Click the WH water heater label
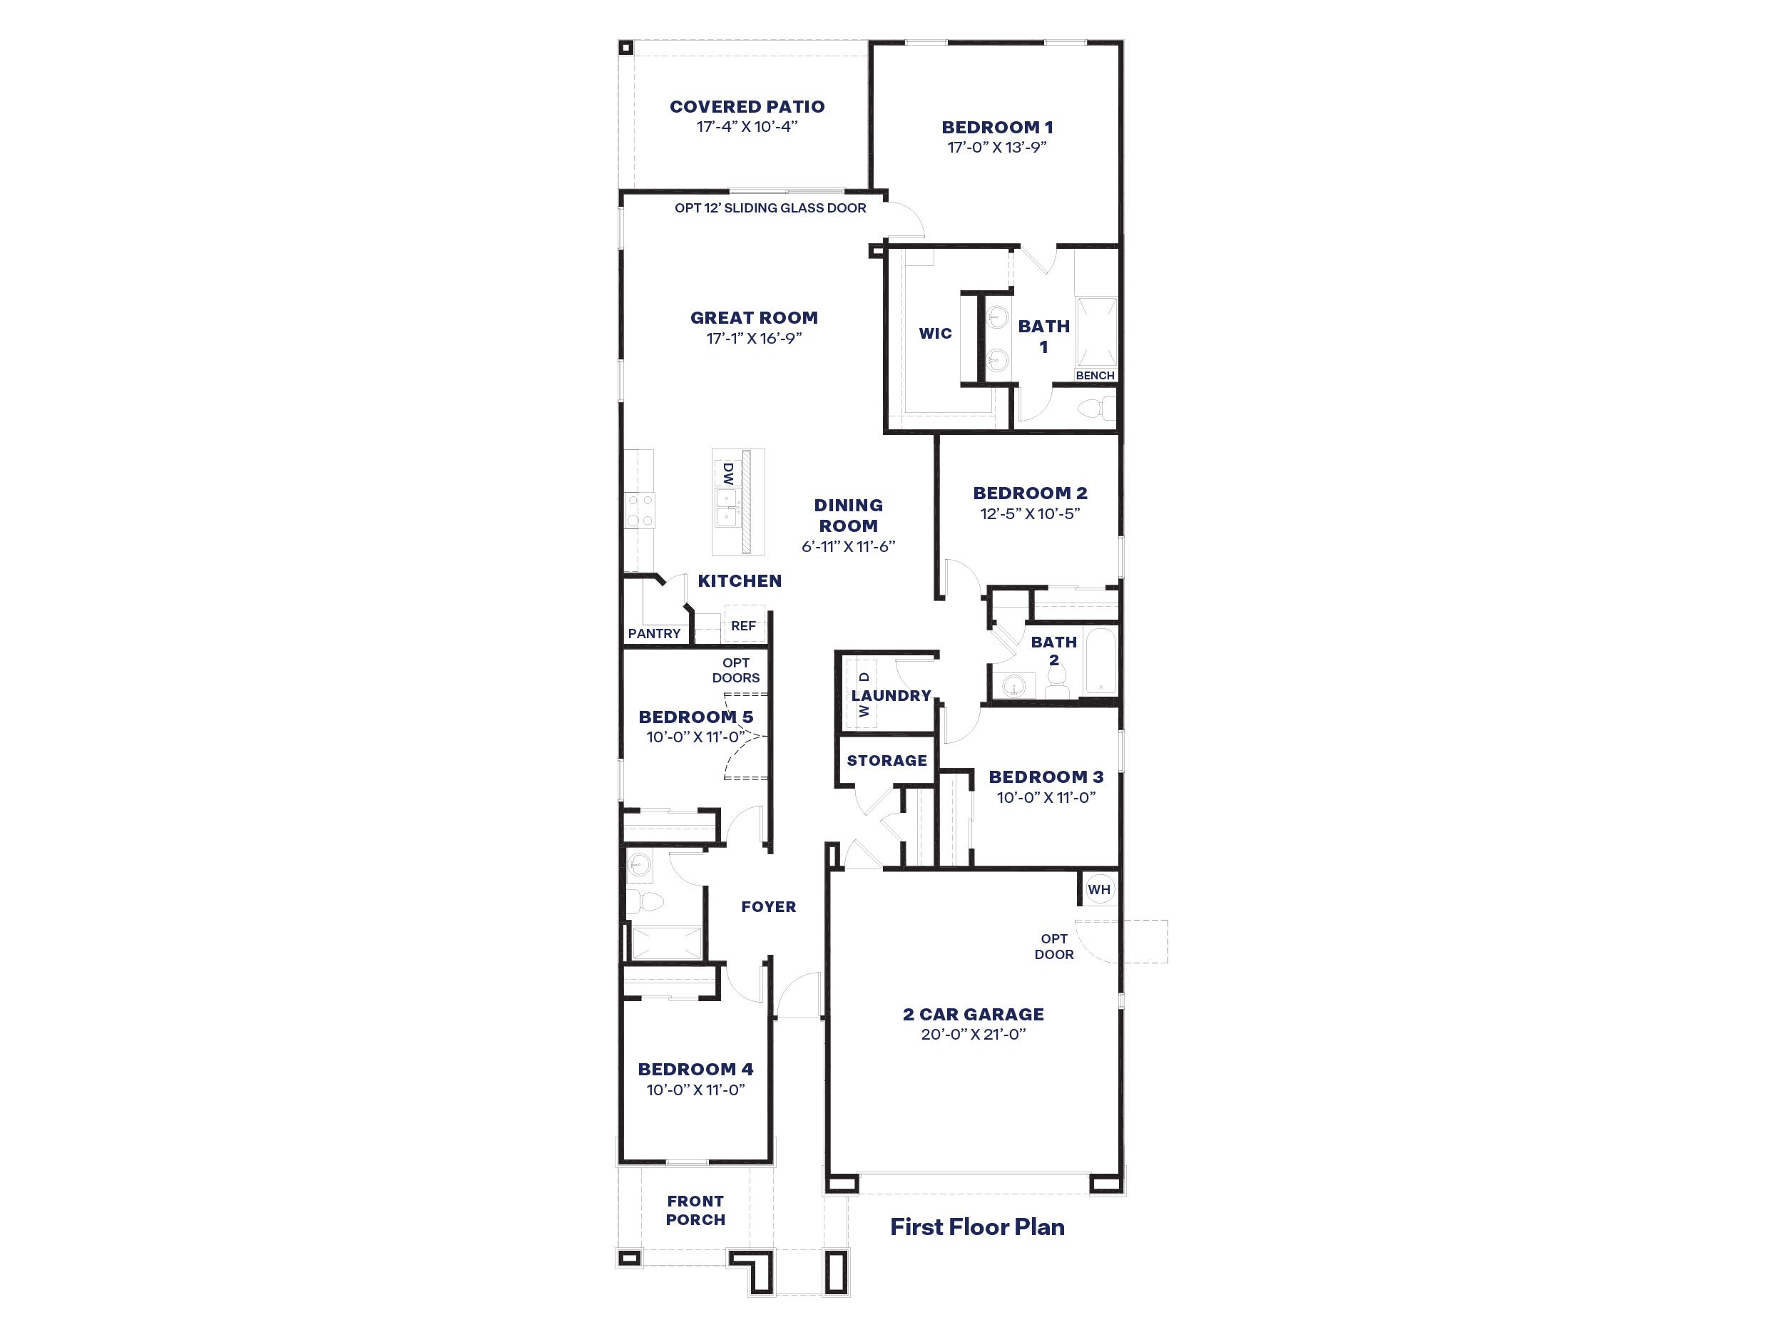[x=1098, y=890]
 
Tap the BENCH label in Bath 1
[x=1095, y=376]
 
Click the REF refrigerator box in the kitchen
[x=743, y=625]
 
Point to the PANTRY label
[x=654, y=633]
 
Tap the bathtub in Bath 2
[x=1100, y=662]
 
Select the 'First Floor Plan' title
[x=977, y=1226]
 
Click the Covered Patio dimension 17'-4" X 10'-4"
[x=747, y=126]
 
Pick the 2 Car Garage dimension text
[x=973, y=1034]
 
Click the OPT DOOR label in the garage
[x=1053, y=946]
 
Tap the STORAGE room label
[x=887, y=760]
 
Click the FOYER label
[x=768, y=906]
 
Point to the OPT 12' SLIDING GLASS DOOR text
[x=770, y=208]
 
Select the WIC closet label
[x=935, y=333]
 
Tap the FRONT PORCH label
[x=695, y=1209]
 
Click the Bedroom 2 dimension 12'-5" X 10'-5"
[x=1029, y=513]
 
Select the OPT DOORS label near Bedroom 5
[x=735, y=670]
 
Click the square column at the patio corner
[x=626, y=48]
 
